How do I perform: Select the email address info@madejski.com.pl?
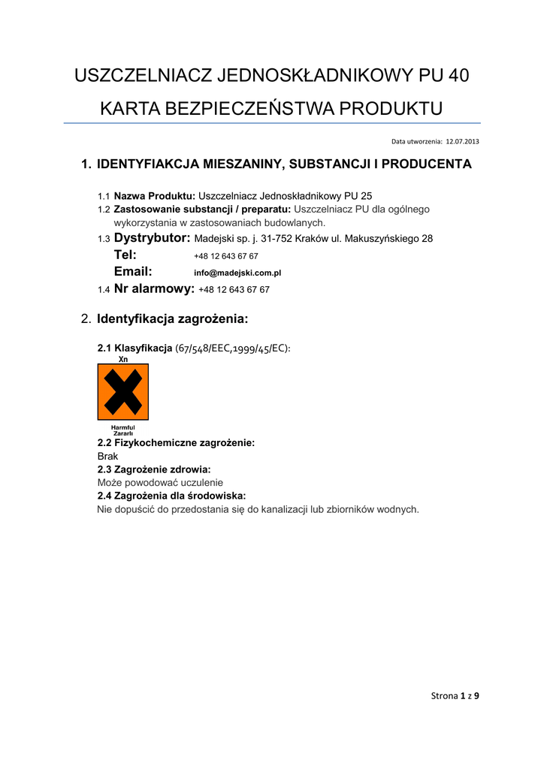(237, 273)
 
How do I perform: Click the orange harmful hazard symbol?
(123, 392)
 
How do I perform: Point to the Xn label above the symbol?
(123, 360)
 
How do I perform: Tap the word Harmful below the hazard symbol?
(123, 427)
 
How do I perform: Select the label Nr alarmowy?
(154, 288)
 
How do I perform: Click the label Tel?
(125, 255)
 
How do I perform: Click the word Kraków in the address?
(313, 240)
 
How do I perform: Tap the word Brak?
(107, 456)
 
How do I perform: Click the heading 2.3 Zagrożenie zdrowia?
(154, 469)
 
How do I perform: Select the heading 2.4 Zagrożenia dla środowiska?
(171, 496)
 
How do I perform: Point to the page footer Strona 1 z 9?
(455, 695)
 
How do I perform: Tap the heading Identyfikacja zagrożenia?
(172, 319)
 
